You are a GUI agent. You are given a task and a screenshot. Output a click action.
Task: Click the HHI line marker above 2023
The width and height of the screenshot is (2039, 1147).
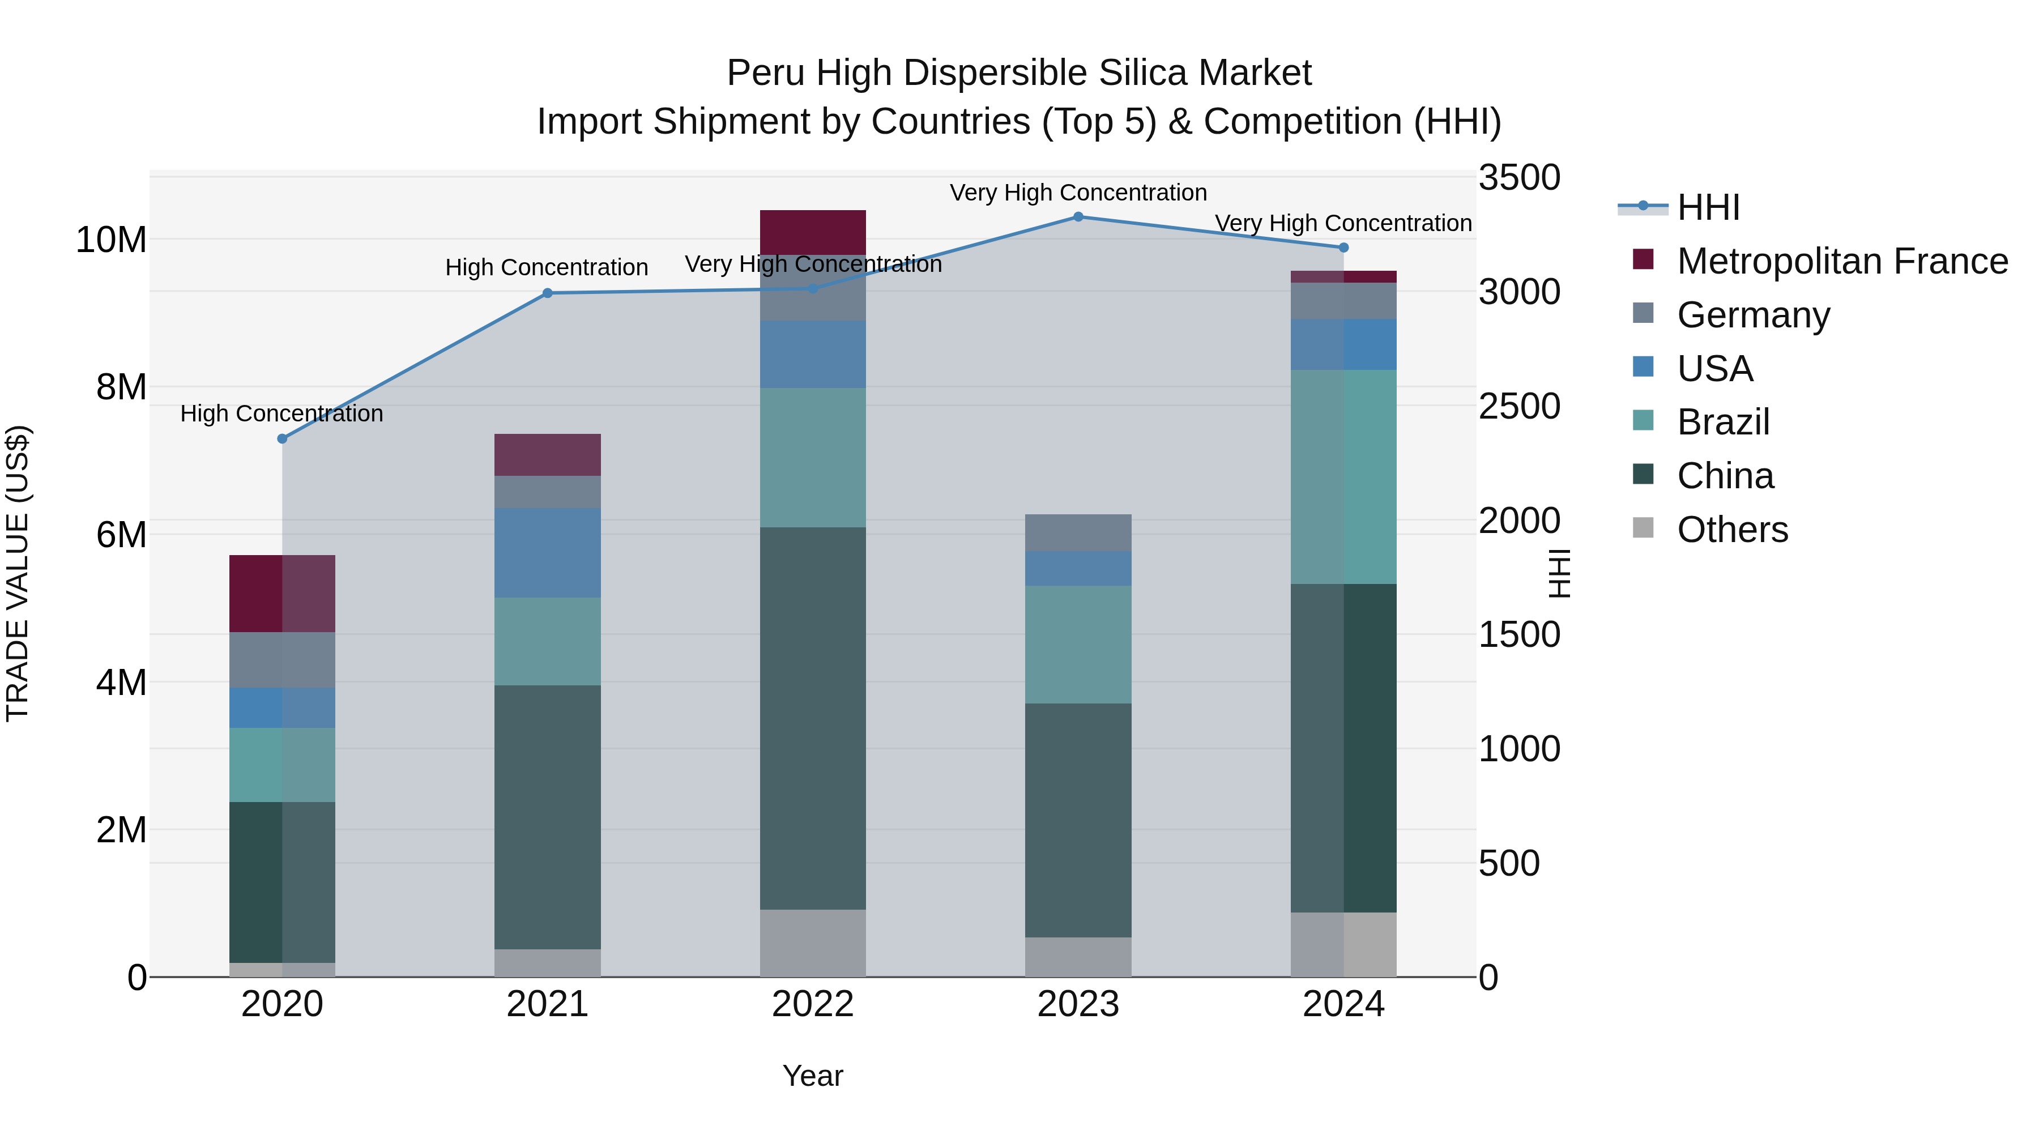click(x=1078, y=216)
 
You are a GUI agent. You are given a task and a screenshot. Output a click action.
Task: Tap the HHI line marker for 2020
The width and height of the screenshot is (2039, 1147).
click(x=282, y=438)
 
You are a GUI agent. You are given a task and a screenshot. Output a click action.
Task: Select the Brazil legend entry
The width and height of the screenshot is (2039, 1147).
click(x=1722, y=422)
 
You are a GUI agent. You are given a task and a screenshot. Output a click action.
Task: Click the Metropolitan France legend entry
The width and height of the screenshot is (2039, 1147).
click(x=1841, y=261)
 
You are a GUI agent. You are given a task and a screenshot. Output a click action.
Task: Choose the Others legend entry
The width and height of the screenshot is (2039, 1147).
click(x=1732, y=530)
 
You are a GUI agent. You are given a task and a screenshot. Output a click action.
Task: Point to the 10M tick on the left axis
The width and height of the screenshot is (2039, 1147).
click(x=111, y=239)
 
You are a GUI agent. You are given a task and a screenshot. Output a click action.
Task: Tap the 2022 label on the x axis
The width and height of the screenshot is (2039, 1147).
click(x=812, y=1004)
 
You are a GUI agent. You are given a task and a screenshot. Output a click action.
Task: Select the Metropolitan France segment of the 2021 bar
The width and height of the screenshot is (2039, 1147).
click(x=547, y=454)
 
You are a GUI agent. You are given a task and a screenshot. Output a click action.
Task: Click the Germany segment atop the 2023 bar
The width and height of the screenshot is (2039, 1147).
click(x=1078, y=533)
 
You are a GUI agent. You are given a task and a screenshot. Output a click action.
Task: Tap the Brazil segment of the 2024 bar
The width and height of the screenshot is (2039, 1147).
click(x=1343, y=476)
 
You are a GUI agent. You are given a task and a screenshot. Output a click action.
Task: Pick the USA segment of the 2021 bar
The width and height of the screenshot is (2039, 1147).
click(x=547, y=552)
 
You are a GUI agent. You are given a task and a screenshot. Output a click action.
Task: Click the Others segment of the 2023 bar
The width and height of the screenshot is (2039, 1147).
click(x=1078, y=957)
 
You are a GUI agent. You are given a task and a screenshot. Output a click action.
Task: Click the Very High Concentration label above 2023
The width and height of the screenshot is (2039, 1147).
click(x=1078, y=193)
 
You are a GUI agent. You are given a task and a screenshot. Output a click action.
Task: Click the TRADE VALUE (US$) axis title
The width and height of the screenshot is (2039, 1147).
click(x=18, y=573)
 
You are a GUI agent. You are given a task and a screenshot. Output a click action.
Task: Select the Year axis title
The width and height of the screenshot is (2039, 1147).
click(x=812, y=1076)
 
